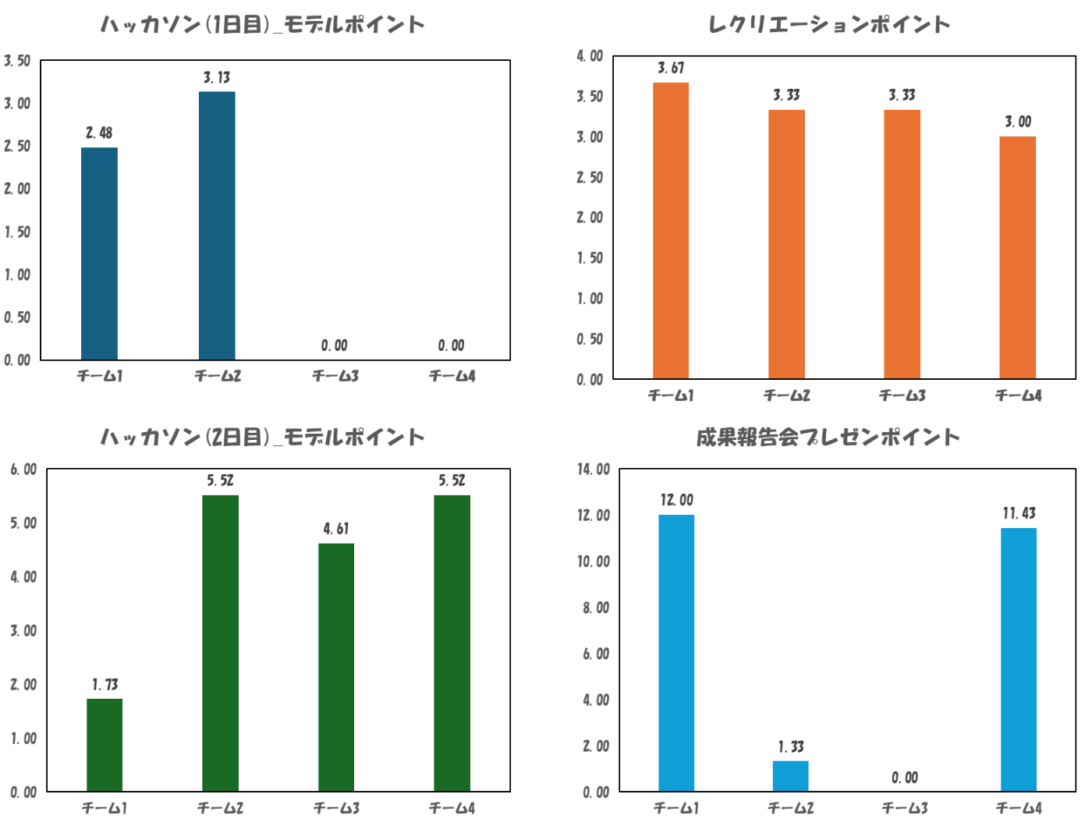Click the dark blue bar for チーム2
click(216, 225)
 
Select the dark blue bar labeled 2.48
click(99, 253)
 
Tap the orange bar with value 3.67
click(671, 230)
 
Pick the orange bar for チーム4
click(1018, 257)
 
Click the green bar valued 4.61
click(336, 667)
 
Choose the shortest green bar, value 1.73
click(105, 744)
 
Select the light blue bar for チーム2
click(790, 775)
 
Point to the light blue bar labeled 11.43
click(1019, 659)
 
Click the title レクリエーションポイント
click(829, 25)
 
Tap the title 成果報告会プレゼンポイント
click(828, 438)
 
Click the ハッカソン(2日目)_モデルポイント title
click(263, 438)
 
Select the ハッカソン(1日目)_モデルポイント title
click(263, 25)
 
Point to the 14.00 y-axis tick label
click(594, 469)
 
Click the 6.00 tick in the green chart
click(23, 469)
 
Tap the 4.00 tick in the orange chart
click(590, 55)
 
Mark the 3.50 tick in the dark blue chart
click(17, 60)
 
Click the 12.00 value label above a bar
click(676, 500)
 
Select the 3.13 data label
click(217, 77)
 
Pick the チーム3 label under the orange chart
click(902, 395)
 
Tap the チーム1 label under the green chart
click(105, 808)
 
